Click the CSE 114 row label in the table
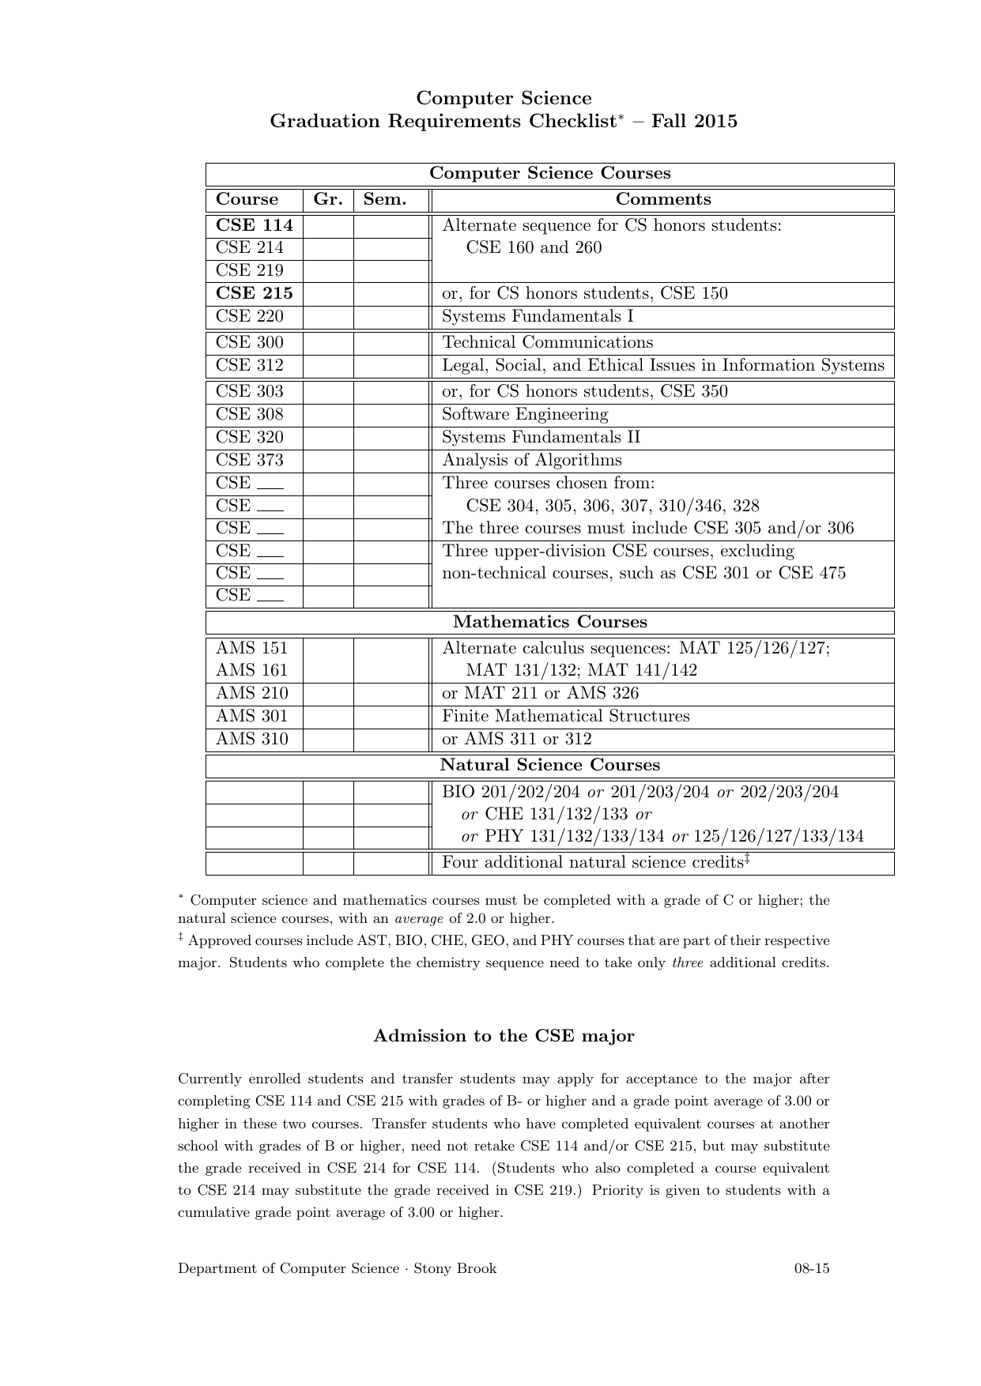(x=254, y=226)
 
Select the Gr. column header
(x=327, y=200)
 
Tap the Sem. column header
(x=384, y=200)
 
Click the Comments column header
(x=662, y=200)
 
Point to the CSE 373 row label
(x=249, y=461)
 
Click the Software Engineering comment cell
(x=525, y=415)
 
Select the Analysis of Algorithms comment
(x=531, y=461)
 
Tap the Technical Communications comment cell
(x=547, y=343)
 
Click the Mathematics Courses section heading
(x=549, y=623)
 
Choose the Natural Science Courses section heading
(x=549, y=766)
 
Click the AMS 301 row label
(x=251, y=717)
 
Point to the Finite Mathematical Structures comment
(x=565, y=717)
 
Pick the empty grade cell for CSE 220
(x=327, y=317)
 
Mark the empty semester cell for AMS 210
(x=391, y=694)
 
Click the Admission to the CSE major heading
(x=504, y=1036)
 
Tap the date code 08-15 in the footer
(x=812, y=1269)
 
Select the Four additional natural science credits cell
(x=595, y=863)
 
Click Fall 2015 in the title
(x=694, y=122)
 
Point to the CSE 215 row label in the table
(x=254, y=294)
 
